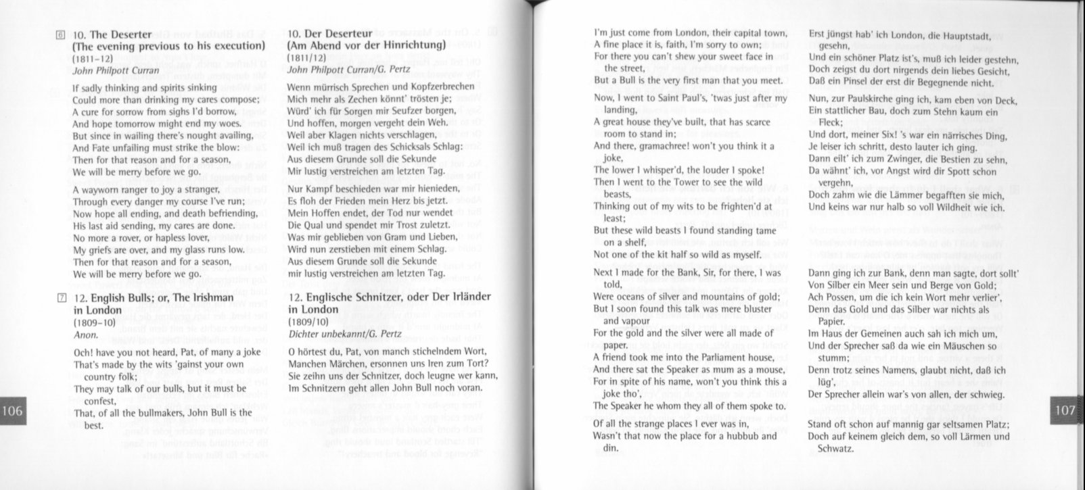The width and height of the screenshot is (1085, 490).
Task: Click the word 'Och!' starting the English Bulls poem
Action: click(x=83, y=352)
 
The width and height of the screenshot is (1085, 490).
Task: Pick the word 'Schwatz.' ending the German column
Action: click(x=836, y=448)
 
